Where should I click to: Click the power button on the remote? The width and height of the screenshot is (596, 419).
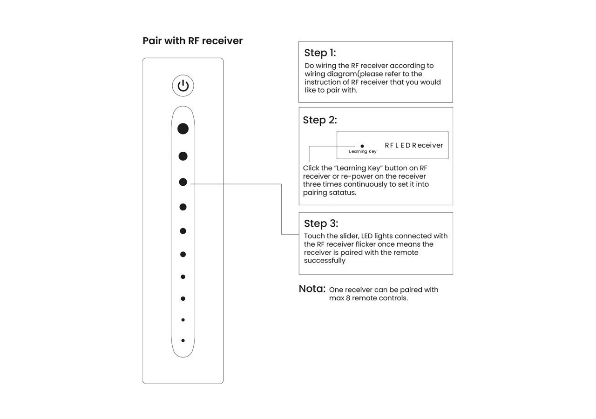pos(183,86)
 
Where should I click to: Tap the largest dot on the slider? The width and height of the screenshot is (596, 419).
pos(183,129)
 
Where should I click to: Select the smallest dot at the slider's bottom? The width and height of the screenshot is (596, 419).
pos(183,340)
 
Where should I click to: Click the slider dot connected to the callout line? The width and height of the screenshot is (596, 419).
pos(183,182)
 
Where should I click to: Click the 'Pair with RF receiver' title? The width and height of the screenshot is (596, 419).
pos(192,41)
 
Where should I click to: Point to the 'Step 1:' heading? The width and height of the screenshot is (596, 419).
pos(320,53)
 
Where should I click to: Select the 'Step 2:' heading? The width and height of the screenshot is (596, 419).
pos(320,120)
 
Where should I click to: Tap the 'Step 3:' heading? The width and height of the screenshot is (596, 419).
pos(321,223)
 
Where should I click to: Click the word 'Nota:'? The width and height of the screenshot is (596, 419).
pos(312,289)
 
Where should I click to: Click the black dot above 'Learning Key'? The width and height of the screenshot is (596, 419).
pos(362,146)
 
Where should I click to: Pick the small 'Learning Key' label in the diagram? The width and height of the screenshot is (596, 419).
pos(363,152)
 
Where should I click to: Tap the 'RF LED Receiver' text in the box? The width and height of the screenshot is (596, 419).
pos(414,145)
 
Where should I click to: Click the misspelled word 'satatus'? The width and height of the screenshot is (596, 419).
pos(343,193)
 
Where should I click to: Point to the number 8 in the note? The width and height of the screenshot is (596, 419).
pos(348,298)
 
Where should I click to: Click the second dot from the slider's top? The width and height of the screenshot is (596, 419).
pos(183,156)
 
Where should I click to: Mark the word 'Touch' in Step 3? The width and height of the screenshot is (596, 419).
pos(315,236)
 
